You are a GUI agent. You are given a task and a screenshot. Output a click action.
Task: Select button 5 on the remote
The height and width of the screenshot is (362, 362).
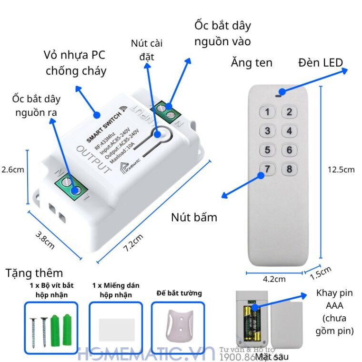[268, 151]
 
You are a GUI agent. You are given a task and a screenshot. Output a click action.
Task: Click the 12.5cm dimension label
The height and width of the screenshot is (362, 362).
[341, 170]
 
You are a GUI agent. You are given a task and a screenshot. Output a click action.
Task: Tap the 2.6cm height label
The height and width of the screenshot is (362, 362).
[12, 169]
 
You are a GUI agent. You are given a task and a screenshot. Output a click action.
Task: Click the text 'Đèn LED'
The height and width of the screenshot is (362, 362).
[321, 63]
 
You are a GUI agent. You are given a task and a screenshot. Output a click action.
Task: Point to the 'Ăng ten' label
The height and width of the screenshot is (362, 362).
[251, 63]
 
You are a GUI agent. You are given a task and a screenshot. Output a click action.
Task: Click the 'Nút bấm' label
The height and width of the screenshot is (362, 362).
[194, 218]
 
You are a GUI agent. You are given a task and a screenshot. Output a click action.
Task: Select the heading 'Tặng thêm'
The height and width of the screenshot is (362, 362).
[34, 273]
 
